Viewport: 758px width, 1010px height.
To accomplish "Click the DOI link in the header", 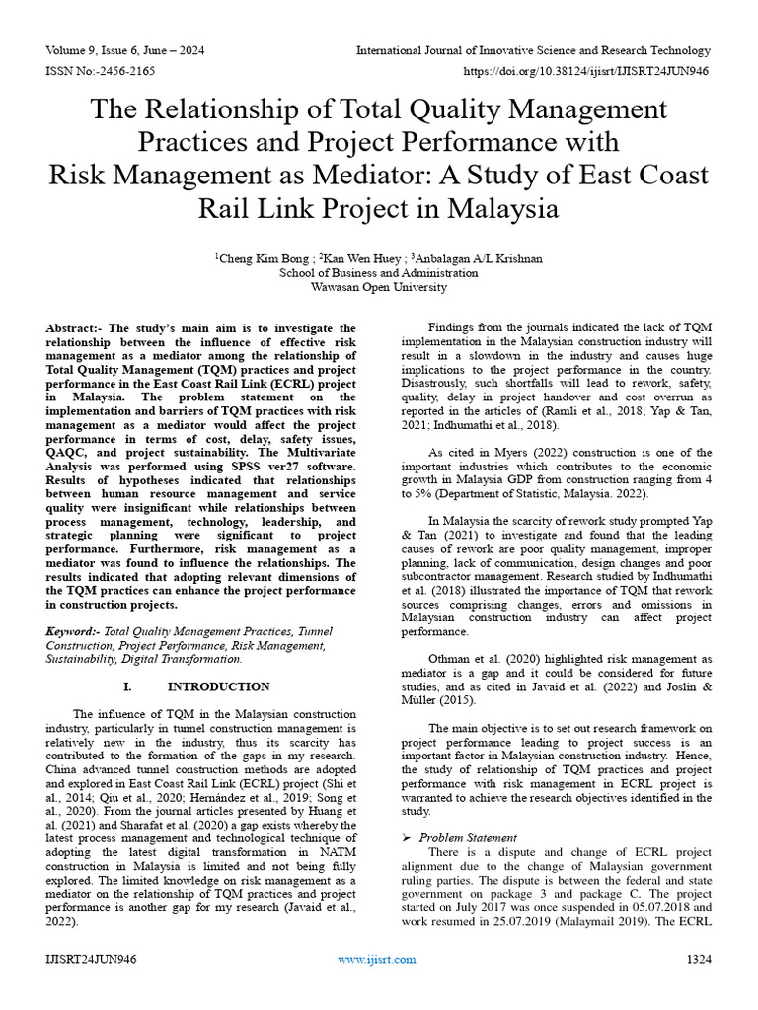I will tap(586, 72).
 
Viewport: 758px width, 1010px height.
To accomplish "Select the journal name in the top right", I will tap(533, 50).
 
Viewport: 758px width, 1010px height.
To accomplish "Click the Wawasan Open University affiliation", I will tap(378, 287).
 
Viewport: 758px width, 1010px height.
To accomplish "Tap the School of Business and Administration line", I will tap(378, 273).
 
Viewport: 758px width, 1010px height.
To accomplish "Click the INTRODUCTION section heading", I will tap(218, 686).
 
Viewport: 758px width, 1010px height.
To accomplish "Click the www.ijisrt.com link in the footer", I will tap(378, 959).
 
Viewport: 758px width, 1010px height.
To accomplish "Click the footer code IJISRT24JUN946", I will tap(91, 959).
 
